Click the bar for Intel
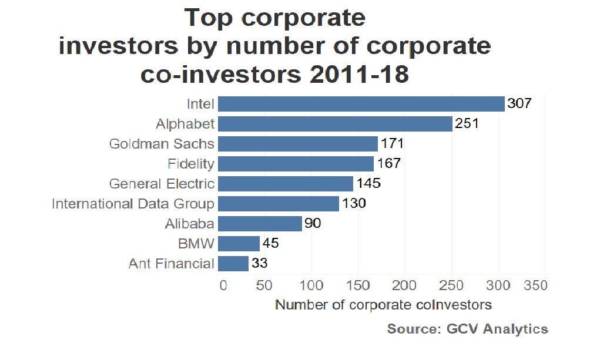coord(361,104)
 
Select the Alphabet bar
coord(335,124)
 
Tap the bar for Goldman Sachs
coord(297,144)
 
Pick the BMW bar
coord(239,244)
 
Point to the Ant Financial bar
coord(233,264)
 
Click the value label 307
coord(519,104)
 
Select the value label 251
coord(467,124)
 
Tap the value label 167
coord(388,163)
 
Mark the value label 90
coord(313,224)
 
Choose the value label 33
coord(259,264)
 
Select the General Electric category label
coord(162,184)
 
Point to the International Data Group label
coord(133,204)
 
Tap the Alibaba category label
coord(190,224)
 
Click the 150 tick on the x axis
coord(357,286)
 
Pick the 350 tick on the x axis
coord(535,286)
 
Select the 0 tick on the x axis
coord(223,286)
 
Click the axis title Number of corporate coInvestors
coord(383,305)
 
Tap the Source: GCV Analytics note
coord(467,329)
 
